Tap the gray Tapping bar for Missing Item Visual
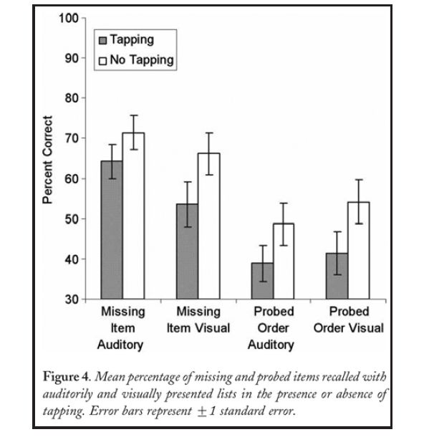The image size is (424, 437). [187, 251]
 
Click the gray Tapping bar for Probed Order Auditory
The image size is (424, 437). [262, 280]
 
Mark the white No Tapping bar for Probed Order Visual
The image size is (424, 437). [359, 250]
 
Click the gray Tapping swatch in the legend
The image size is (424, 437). [102, 40]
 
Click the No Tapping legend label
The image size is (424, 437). [141, 59]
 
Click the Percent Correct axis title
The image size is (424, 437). [48, 158]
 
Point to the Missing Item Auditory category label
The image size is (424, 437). [122, 328]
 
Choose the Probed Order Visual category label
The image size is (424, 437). [349, 320]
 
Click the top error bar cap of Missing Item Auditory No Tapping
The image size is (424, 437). [133, 115]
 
